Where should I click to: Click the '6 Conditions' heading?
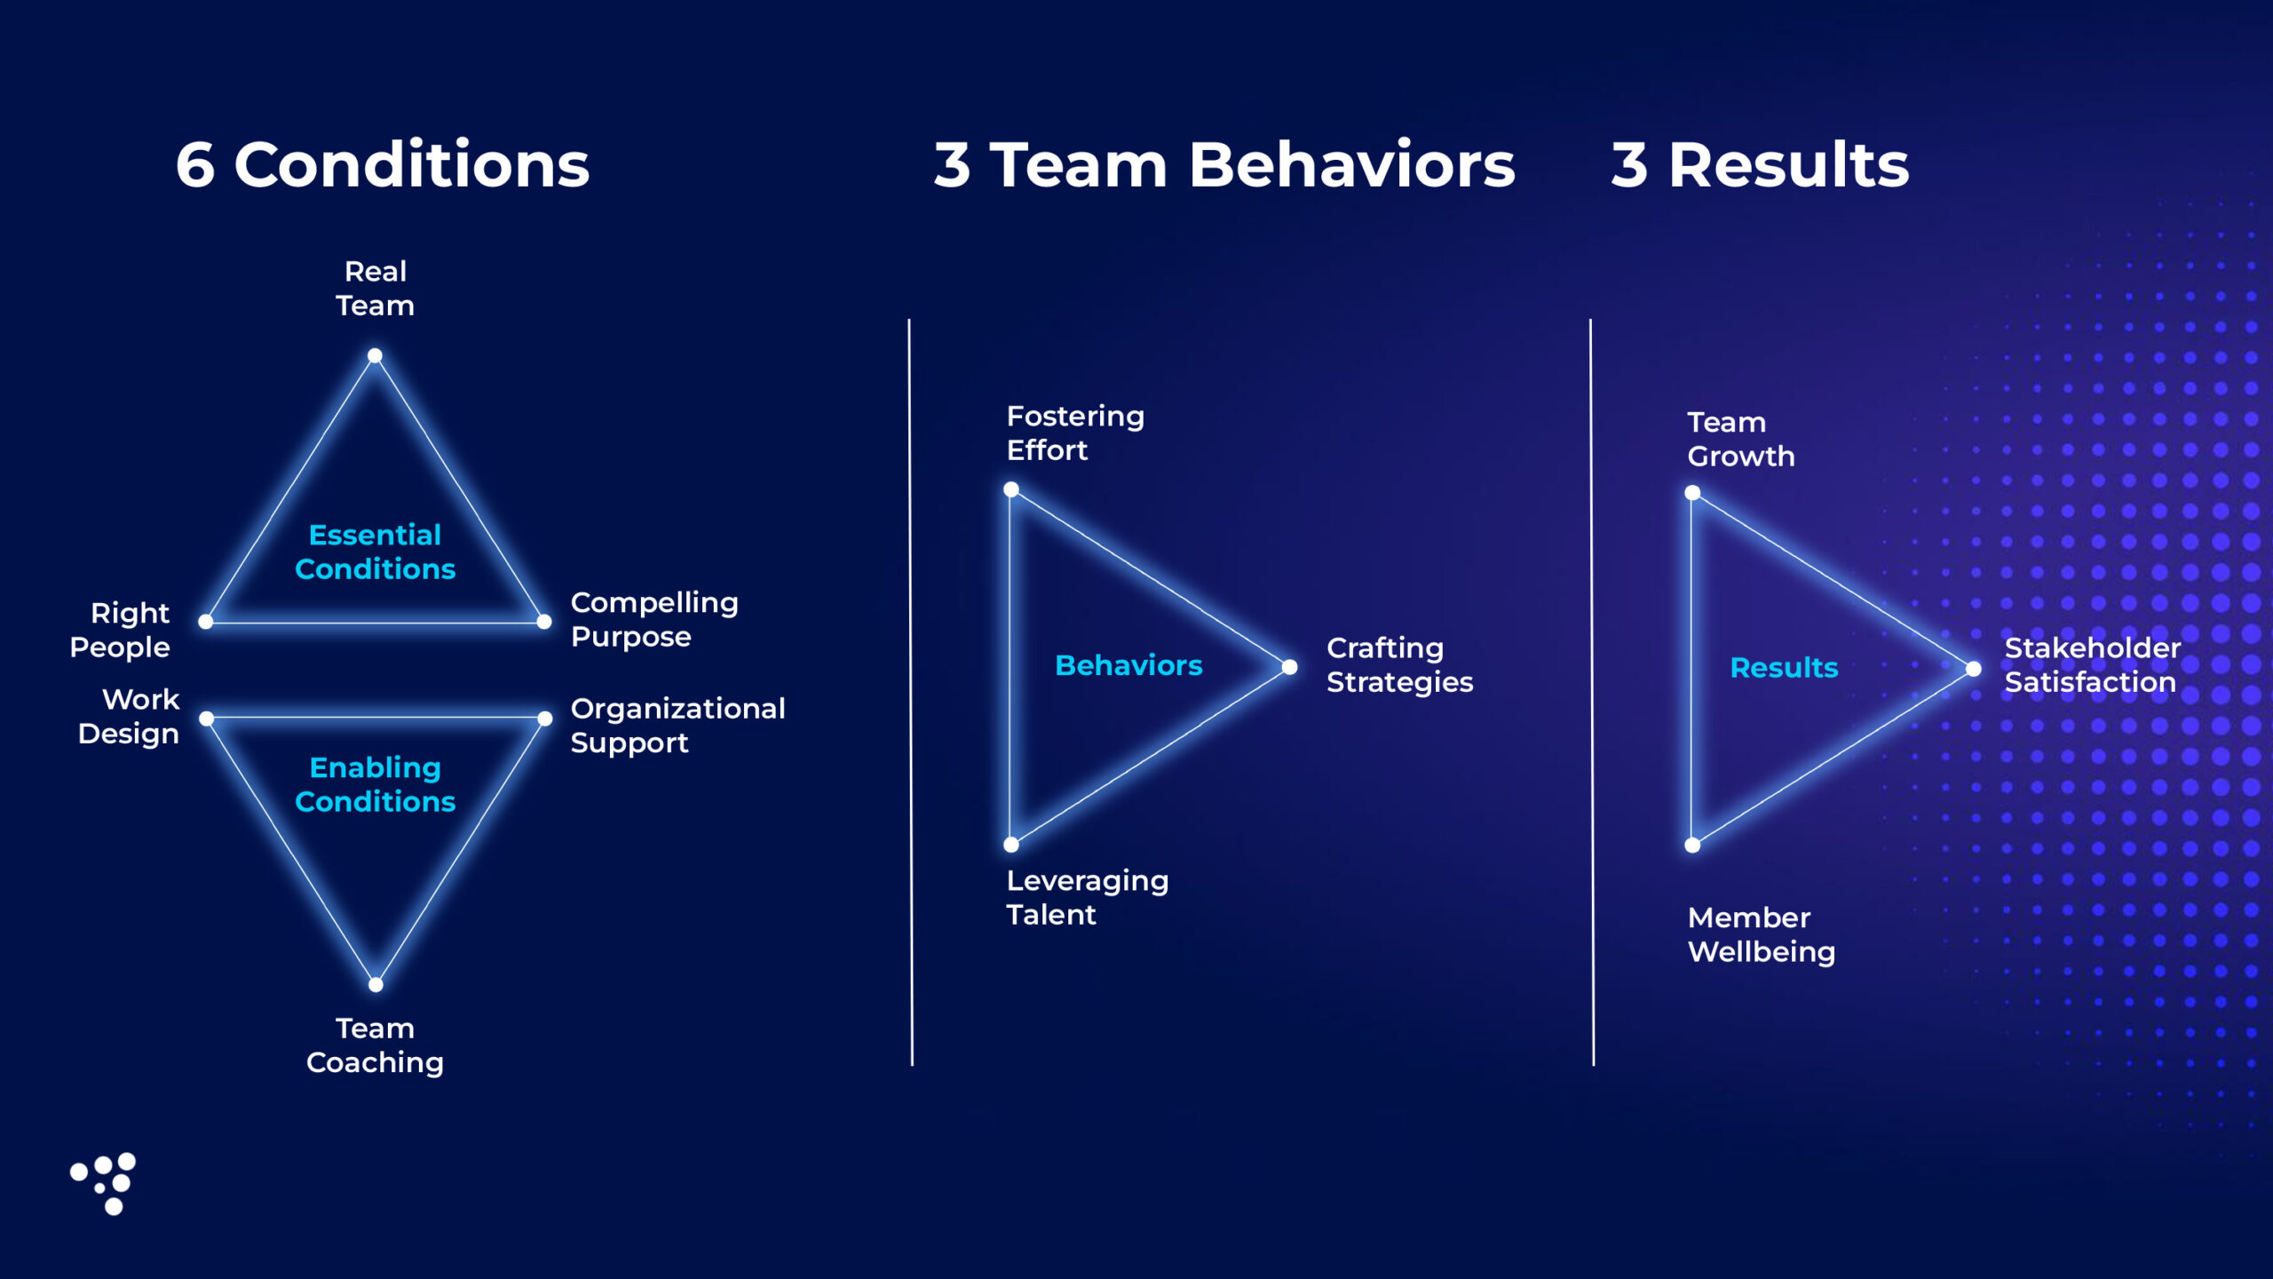[383, 165]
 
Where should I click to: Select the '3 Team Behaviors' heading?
[1224, 165]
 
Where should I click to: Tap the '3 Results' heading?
[1760, 165]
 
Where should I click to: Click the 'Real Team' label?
[375, 289]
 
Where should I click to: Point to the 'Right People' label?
[120, 630]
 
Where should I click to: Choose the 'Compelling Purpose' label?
[654, 619]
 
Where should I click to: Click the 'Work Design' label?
[129, 716]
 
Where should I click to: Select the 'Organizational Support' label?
[677, 725]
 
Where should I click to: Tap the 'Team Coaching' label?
[375, 1045]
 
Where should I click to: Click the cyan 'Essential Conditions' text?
[375, 552]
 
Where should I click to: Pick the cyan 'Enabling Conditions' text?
[375, 784]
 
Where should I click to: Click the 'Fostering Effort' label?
[1075, 433]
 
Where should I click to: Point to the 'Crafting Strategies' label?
[1399, 664]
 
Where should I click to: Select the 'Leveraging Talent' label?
[1087, 897]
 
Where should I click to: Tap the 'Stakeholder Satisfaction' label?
[2092, 664]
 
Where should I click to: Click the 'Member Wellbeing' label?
[1761, 934]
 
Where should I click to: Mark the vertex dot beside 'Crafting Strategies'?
[1289, 667]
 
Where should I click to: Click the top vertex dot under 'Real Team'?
[375, 356]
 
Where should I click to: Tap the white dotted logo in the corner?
[104, 1184]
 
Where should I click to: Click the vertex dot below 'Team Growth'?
[1692, 493]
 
